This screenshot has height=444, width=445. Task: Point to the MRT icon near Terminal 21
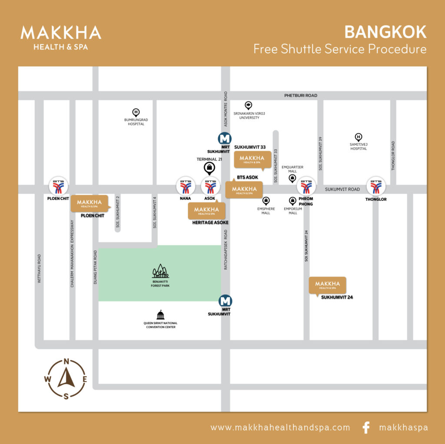[x=224, y=139]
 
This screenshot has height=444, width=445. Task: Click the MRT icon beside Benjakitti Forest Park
[x=225, y=301]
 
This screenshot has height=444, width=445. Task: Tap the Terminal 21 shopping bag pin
[x=209, y=168]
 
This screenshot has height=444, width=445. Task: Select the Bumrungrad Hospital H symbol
[x=136, y=112]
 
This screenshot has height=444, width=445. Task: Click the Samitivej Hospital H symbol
[x=358, y=137]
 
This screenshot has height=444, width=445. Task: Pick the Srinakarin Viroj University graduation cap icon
[x=248, y=105]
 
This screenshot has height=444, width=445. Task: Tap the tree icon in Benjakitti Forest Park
[x=160, y=272]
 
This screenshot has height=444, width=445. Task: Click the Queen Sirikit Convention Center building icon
[x=160, y=315]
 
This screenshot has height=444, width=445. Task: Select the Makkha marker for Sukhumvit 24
[x=327, y=285]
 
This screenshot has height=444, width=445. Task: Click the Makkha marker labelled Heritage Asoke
[x=206, y=211]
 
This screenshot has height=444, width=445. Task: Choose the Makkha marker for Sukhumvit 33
[x=252, y=159]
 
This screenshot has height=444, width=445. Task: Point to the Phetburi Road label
[x=301, y=96]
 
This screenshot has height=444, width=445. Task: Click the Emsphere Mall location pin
[x=266, y=201]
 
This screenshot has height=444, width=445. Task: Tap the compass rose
[x=66, y=378]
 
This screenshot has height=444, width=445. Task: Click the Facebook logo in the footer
[x=366, y=427]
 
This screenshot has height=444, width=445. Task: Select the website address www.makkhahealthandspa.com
[x=280, y=427]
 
